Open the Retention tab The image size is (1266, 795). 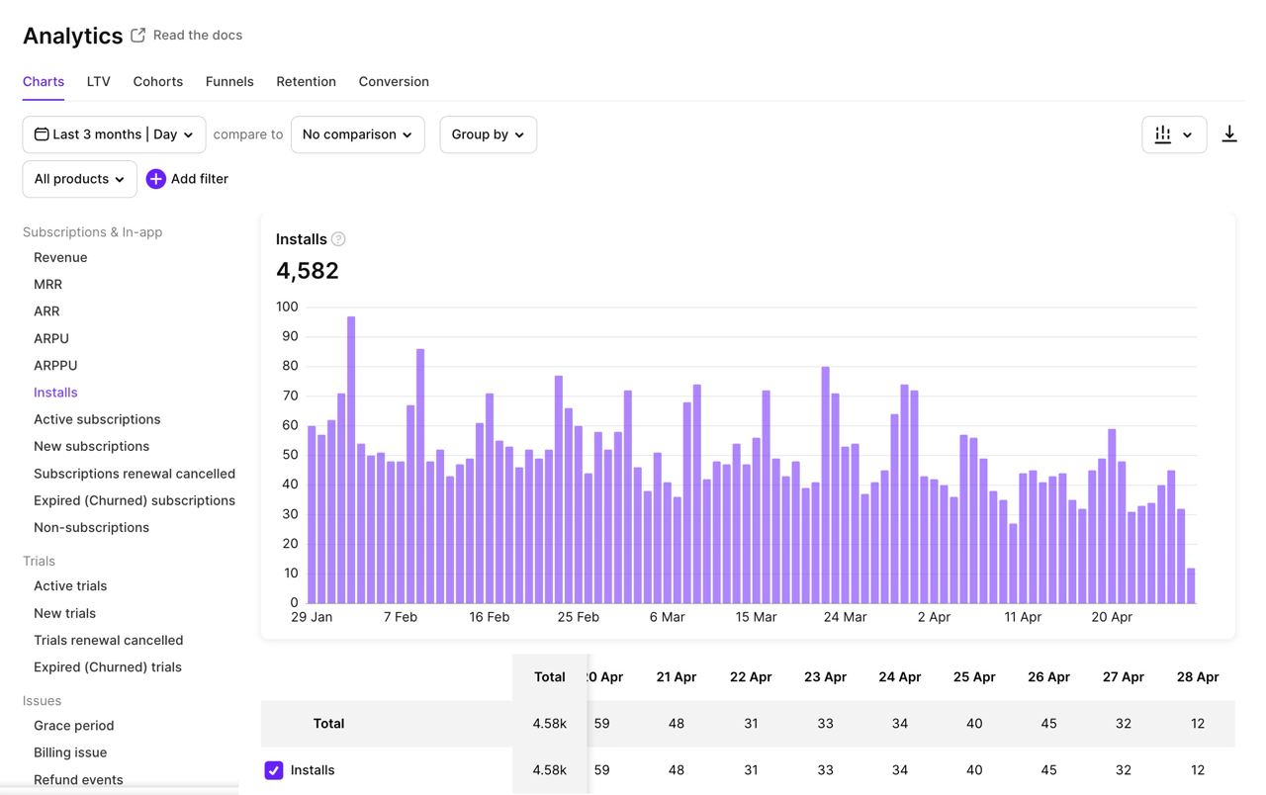pyautogui.click(x=306, y=81)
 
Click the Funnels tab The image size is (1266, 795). pyautogui.click(x=229, y=81)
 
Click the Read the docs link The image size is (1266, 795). pyautogui.click(x=197, y=35)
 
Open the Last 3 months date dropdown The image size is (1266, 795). pyautogui.click(x=114, y=134)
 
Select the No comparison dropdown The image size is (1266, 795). pyautogui.click(x=357, y=134)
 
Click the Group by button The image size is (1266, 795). pyautogui.click(x=488, y=134)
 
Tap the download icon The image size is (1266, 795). pyautogui.click(x=1229, y=134)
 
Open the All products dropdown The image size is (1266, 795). pyautogui.click(x=79, y=179)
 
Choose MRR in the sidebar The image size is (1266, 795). pyautogui.click(x=47, y=284)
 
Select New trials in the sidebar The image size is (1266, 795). pyautogui.click(x=64, y=613)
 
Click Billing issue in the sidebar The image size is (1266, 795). pyautogui.click(x=70, y=752)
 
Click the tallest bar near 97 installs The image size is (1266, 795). pyautogui.click(x=351, y=460)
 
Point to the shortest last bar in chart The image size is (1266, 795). pyautogui.click(x=1191, y=585)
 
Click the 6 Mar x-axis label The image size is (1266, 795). pyautogui.click(x=667, y=617)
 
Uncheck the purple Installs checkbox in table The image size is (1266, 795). pyautogui.click(x=274, y=770)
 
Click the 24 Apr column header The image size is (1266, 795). pyautogui.click(x=899, y=677)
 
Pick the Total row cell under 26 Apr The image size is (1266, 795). pyautogui.click(x=1048, y=724)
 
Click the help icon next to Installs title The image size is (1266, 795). pyautogui.click(x=338, y=239)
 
